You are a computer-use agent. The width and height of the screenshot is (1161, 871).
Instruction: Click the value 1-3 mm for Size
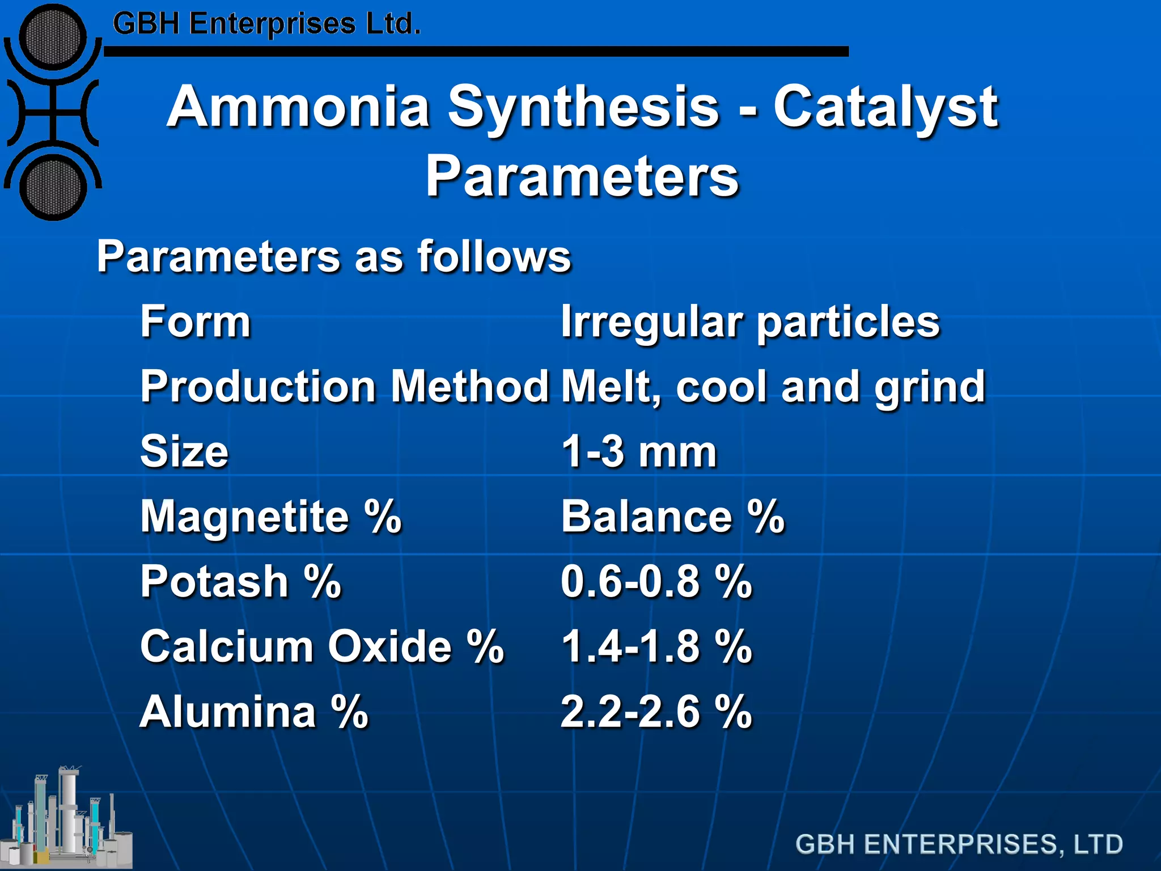[x=639, y=452]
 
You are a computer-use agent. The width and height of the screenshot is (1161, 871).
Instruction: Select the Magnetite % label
[x=270, y=517]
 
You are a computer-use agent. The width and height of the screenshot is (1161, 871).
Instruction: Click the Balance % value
[x=672, y=517]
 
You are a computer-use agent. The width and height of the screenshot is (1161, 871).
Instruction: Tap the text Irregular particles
[x=750, y=322]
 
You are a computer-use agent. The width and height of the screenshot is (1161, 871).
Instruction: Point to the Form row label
[x=196, y=322]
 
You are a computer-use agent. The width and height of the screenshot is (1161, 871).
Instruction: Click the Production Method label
[x=344, y=387]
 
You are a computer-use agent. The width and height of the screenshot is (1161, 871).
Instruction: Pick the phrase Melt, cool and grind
[x=773, y=387]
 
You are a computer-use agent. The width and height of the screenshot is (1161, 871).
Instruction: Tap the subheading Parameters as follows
[x=334, y=256]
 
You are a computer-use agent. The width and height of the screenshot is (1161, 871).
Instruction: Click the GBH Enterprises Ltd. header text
[x=266, y=24]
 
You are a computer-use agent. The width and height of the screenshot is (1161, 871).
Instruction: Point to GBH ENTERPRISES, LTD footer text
[x=959, y=844]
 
